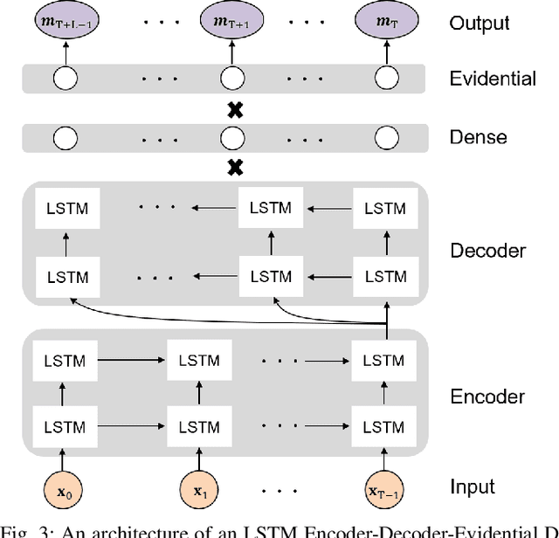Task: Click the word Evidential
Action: pos(492,79)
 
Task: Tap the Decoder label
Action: pos(487,251)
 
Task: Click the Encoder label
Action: pos(487,397)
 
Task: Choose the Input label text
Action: pos(472,486)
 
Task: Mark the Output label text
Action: pos(478,22)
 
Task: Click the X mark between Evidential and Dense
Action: pos(233,108)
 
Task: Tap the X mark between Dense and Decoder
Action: pos(233,167)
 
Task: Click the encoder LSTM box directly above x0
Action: pos(66,427)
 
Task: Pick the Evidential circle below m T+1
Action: pos(231,79)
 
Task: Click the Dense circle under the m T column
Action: pos(385,137)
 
